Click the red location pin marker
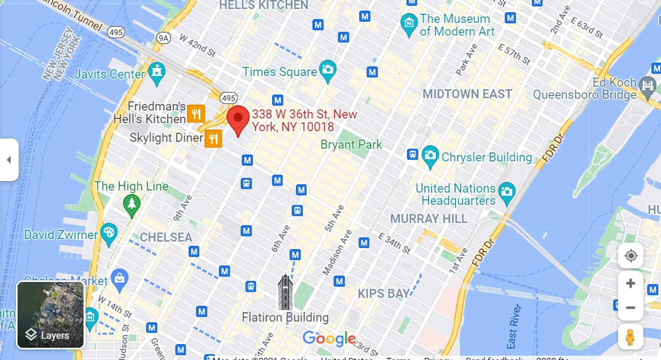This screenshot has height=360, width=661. click(238, 118)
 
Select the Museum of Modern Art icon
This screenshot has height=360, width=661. click(409, 24)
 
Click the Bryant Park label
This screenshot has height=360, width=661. click(351, 144)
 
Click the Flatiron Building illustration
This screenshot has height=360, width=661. click(285, 293)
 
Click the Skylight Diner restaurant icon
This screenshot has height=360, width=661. click(214, 139)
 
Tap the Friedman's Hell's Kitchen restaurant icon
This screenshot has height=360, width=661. click(196, 113)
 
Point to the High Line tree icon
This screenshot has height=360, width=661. click(131, 203)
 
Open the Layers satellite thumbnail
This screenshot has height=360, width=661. click(51, 315)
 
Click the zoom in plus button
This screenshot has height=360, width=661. click(631, 284)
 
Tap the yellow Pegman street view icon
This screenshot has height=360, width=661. click(630, 337)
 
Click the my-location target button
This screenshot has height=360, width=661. click(631, 256)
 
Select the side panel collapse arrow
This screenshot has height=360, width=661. click(9, 160)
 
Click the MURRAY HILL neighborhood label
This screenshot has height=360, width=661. click(429, 219)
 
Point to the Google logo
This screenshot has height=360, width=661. click(329, 338)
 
